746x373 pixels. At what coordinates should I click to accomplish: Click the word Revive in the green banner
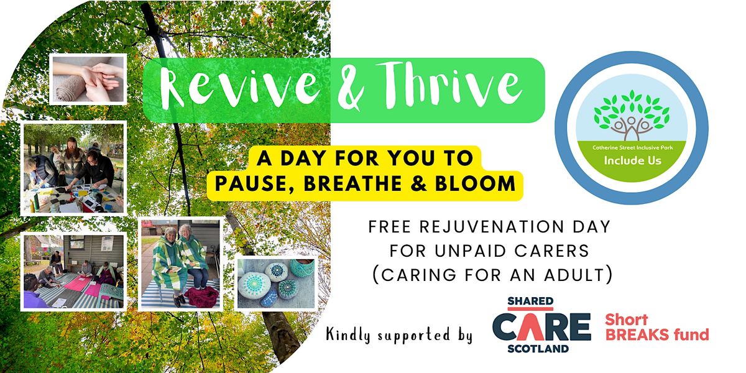(x=239, y=88)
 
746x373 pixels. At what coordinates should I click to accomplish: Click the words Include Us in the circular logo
(x=632, y=160)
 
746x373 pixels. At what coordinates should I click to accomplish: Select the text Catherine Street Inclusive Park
(x=632, y=147)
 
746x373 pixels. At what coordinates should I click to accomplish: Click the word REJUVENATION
(x=492, y=227)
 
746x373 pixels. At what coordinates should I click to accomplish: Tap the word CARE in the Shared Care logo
(x=541, y=328)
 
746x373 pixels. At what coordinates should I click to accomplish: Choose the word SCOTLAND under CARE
(x=538, y=349)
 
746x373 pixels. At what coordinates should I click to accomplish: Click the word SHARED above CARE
(x=530, y=301)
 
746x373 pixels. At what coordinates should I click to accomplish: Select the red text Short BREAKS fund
(x=656, y=328)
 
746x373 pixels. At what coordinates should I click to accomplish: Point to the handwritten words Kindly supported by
(x=399, y=334)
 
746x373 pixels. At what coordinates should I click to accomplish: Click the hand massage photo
(x=88, y=80)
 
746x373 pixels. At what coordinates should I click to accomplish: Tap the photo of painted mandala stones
(x=276, y=283)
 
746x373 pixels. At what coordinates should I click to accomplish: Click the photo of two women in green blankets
(x=180, y=264)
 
